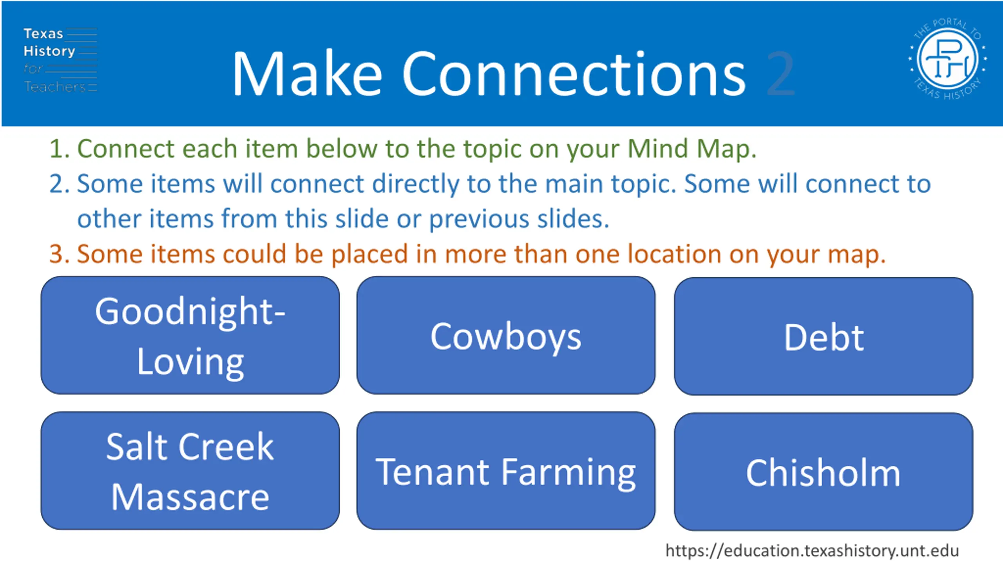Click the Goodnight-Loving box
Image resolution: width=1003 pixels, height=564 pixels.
tap(190, 335)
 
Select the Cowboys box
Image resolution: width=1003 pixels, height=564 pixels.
tap(506, 335)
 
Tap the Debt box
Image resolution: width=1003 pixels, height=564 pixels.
tap(824, 336)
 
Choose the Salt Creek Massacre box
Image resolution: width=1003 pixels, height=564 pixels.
tap(190, 470)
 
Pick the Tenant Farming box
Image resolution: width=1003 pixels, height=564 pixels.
tap(506, 470)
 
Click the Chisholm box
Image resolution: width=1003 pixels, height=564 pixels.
tap(824, 472)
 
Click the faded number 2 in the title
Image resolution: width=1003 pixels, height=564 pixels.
tap(780, 74)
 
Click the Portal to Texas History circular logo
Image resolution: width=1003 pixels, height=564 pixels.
tap(947, 59)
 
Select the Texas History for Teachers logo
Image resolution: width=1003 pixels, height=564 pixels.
tap(60, 60)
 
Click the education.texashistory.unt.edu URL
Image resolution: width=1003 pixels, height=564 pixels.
tap(812, 550)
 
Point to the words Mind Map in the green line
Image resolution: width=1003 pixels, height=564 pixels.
tap(692, 149)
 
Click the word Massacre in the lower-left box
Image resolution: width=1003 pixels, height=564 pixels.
tap(190, 497)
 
